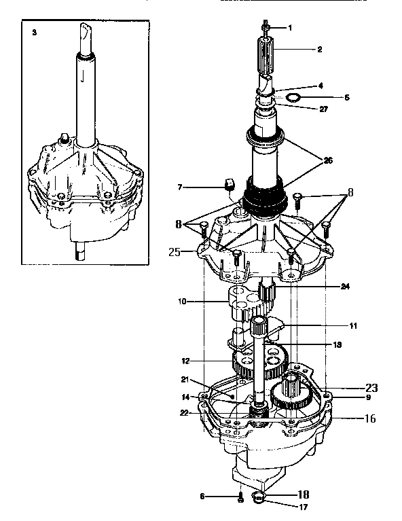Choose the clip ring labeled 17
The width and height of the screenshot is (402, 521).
coord(258,500)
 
